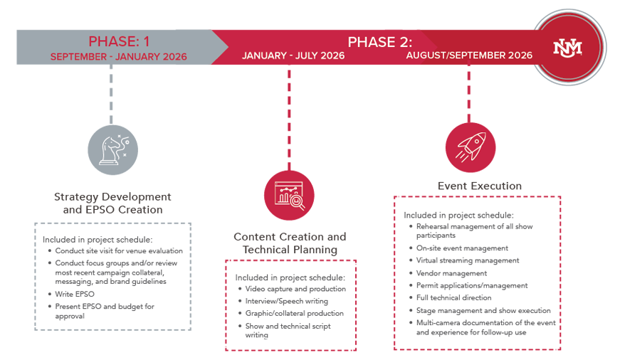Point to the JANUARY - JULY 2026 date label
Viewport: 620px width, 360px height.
coord(293,55)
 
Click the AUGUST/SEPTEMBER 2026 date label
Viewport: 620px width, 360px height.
coord(469,55)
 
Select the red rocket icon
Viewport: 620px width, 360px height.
coord(471,147)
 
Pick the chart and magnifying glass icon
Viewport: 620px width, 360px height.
coord(289,194)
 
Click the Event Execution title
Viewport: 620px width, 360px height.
coord(479,186)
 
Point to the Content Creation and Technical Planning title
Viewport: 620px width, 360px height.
coord(290,243)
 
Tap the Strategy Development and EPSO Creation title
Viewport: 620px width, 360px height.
coord(112,203)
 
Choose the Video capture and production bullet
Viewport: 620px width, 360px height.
coord(295,289)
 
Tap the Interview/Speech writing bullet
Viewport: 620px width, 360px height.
coord(286,302)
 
